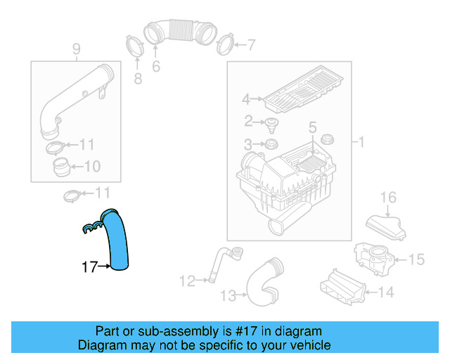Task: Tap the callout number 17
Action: [x=89, y=267]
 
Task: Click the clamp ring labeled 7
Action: [x=225, y=44]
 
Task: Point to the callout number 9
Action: [x=77, y=49]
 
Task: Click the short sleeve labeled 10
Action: [x=62, y=167]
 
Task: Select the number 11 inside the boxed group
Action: [x=86, y=145]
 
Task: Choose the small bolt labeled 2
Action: [x=270, y=124]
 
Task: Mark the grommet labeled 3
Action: [x=268, y=146]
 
